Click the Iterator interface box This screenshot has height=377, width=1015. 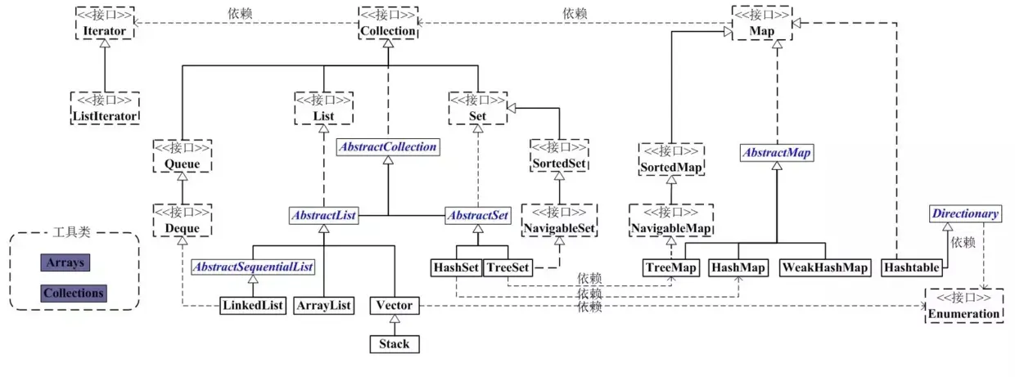point(105,23)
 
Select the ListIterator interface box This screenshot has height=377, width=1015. point(105,109)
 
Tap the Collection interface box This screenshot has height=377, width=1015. point(389,23)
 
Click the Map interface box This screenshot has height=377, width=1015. point(763,23)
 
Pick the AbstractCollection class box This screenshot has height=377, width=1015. point(388,147)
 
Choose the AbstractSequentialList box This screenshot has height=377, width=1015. point(253,267)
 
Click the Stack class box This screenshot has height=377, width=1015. point(394,344)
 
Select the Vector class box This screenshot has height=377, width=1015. point(394,306)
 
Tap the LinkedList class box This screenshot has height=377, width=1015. point(253,306)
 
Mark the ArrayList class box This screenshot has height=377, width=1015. point(323,306)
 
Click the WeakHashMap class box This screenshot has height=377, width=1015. point(824,267)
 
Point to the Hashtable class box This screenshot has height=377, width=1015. point(909,267)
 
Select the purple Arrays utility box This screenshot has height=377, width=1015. point(65,263)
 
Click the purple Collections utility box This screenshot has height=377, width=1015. point(74,293)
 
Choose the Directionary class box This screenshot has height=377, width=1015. point(966,214)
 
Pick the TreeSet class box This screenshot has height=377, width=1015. point(508,267)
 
